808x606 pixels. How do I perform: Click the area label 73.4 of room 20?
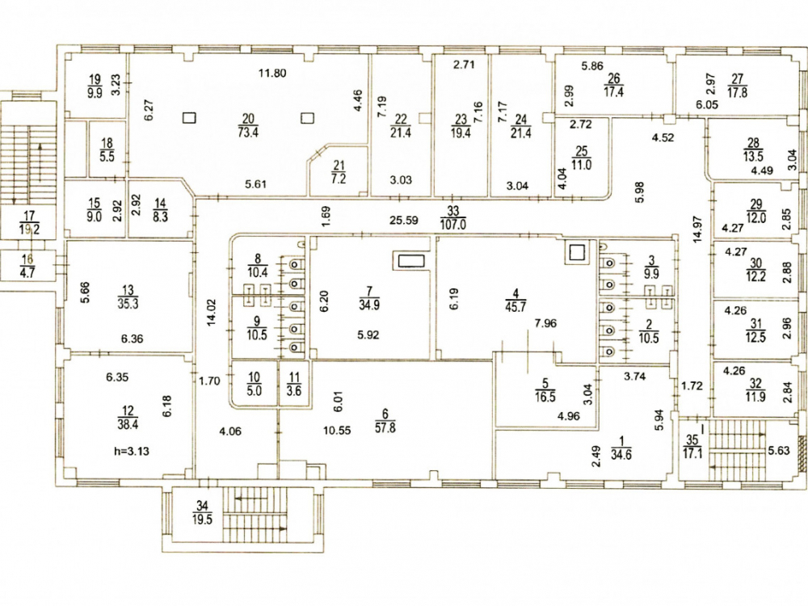[x=247, y=132]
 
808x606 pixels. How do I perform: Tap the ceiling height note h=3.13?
[x=132, y=451]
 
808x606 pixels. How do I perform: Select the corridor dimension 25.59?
[x=403, y=220]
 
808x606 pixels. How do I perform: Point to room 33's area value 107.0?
[x=453, y=224]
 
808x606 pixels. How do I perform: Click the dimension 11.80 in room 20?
[x=272, y=73]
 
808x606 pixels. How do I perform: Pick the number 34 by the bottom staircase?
[x=202, y=507]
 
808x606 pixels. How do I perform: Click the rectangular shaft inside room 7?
[x=411, y=261]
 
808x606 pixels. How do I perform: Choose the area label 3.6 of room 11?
[x=293, y=390]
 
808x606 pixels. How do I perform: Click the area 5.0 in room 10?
[x=254, y=390]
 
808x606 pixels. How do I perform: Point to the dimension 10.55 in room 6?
[x=337, y=431]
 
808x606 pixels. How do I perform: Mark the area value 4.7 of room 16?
[x=27, y=271]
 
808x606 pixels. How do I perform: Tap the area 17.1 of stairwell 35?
[x=692, y=454]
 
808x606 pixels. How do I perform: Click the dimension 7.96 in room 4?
[x=545, y=323]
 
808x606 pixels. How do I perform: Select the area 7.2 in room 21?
[x=339, y=179]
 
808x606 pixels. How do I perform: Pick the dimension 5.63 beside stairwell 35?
[x=779, y=450]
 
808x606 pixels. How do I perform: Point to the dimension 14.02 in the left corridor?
[x=211, y=314]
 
